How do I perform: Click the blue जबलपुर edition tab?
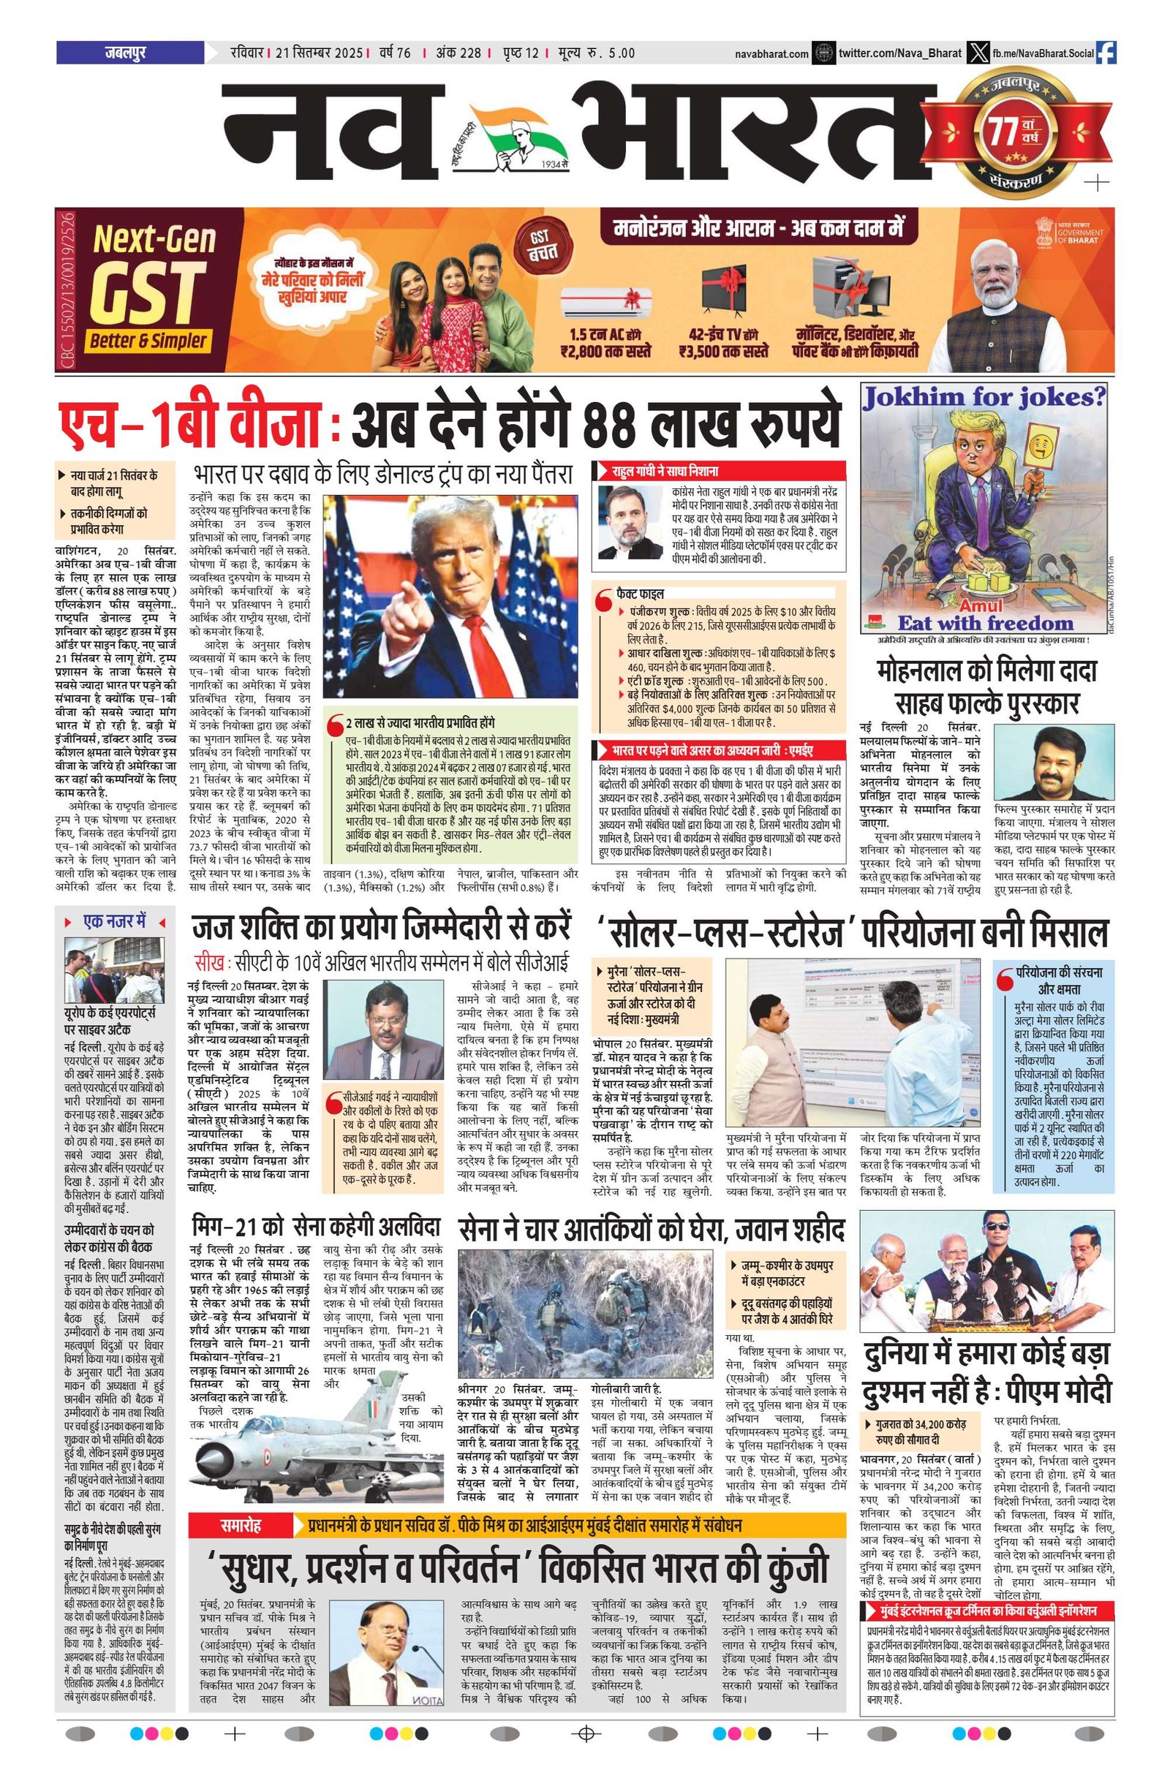point(129,53)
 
